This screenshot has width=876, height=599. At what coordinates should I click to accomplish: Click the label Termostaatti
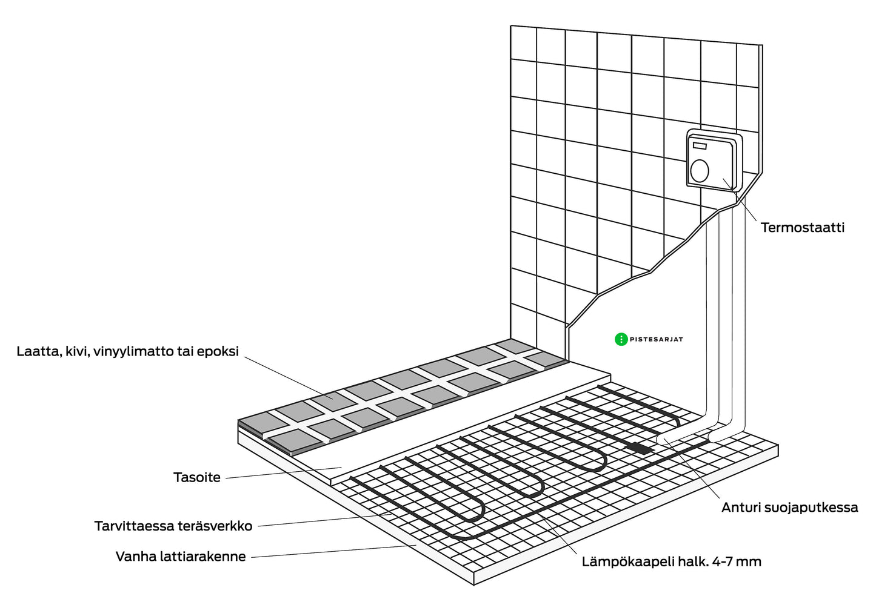[x=802, y=228]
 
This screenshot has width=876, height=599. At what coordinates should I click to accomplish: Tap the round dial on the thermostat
[x=700, y=170]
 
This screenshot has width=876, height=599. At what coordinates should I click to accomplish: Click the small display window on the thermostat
[x=700, y=146]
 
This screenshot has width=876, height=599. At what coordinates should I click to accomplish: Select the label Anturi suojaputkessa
[x=789, y=508]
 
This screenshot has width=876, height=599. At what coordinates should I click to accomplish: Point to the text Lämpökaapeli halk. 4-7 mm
[x=671, y=561]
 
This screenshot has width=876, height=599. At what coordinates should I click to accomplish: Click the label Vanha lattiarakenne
[x=181, y=556]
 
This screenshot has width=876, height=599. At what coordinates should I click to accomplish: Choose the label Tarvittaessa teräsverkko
[x=173, y=526]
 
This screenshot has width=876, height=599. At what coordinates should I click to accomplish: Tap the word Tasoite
[x=197, y=477]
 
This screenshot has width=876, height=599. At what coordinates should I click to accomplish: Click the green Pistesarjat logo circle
[x=621, y=339]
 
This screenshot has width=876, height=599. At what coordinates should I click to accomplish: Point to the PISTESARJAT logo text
[x=656, y=339]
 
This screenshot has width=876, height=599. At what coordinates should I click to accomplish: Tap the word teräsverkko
[x=215, y=526]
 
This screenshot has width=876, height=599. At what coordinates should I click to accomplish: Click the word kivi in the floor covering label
[x=77, y=351]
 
